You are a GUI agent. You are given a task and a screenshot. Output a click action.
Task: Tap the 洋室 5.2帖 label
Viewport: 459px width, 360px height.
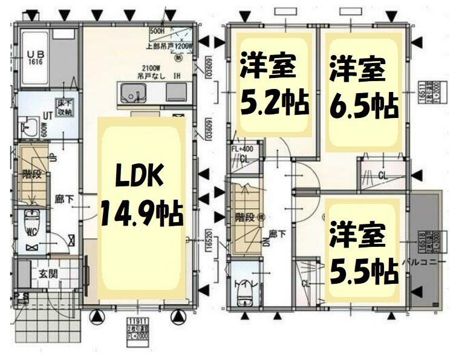[x=275, y=85]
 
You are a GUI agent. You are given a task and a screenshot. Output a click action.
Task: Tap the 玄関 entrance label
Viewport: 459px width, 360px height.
[x=48, y=273]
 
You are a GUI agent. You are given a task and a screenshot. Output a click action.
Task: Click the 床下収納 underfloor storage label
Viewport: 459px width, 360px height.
[x=65, y=108]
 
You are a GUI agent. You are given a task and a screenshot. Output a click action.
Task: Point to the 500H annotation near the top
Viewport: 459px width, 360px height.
[x=157, y=30]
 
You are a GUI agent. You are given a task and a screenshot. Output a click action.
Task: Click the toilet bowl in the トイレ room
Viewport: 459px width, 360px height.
[x=244, y=295]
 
